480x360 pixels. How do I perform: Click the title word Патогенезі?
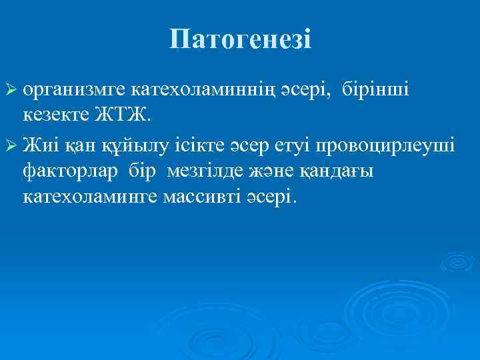click(x=239, y=39)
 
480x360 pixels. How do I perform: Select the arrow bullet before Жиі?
click(x=12, y=144)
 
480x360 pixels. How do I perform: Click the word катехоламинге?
click(x=89, y=198)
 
